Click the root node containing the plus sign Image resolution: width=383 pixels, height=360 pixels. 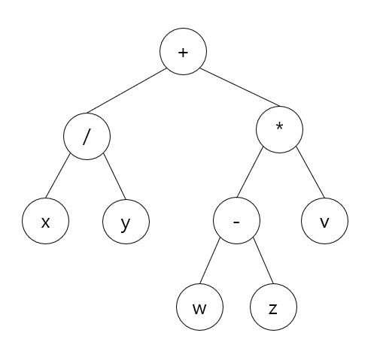click(x=184, y=51)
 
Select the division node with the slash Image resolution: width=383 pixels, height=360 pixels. click(x=87, y=136)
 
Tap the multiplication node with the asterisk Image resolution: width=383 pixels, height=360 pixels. click(x=279, y=129)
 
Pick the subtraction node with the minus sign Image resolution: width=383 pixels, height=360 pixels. click(x=236, y=220)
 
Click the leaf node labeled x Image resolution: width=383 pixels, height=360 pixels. click(x=45, y=221)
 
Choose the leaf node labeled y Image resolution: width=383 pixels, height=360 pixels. click(x=126, y=222)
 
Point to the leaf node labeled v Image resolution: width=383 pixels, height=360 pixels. click(x=324, y=221)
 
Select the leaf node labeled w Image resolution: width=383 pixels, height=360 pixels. click(x=199, y=307)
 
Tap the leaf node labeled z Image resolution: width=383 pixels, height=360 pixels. click(x=273, y=307)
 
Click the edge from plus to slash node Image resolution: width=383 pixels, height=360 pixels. click(x=126, y=90)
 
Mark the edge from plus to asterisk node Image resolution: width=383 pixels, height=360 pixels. click(x=240, y=87)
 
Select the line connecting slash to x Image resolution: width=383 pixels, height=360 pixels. click(x=58, y=175)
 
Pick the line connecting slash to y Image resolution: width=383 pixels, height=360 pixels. click(x=114, y=176)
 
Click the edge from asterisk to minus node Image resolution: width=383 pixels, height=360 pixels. click(x=250, y=172)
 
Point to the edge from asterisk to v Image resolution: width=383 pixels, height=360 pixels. click(x=310, y=172)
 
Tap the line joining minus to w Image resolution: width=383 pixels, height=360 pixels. click(x=210, y=261)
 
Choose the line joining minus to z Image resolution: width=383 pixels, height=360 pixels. click(x=263, y=261)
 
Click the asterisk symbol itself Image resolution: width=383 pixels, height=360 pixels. click(x=279, y=126)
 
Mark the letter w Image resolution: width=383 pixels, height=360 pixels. click(x=199, y=309)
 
